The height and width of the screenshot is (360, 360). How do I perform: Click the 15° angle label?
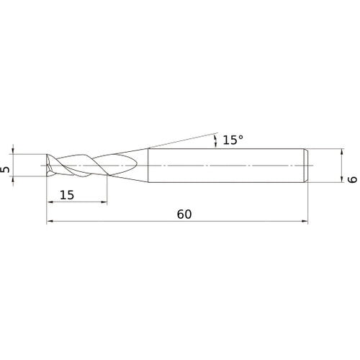pyautogui.click(x=233, y=140)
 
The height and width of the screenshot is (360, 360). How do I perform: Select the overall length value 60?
pyautogui.click(x=184, y=215)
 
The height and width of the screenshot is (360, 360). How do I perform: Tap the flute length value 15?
pyautogui.click(x=67, y=195)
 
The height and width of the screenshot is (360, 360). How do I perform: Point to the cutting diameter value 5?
pyautogui.click(x=5, y=170)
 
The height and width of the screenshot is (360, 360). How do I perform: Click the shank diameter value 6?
pyautogui.click(x=353, y=179)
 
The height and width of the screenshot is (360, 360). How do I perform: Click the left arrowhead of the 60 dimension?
pyautogui.click(x=50, y=221)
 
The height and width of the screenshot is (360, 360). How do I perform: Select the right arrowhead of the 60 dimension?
pyautogui.click(x=305, y=221)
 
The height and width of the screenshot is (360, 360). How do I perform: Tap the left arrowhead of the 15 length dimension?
pyautogui.click(x=50, y=202)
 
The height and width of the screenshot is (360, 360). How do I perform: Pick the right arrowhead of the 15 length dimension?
pyautogui.click(x=104, y=202)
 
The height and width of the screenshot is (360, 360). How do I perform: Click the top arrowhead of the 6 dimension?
pyautogui.click(x=343, y=151)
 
